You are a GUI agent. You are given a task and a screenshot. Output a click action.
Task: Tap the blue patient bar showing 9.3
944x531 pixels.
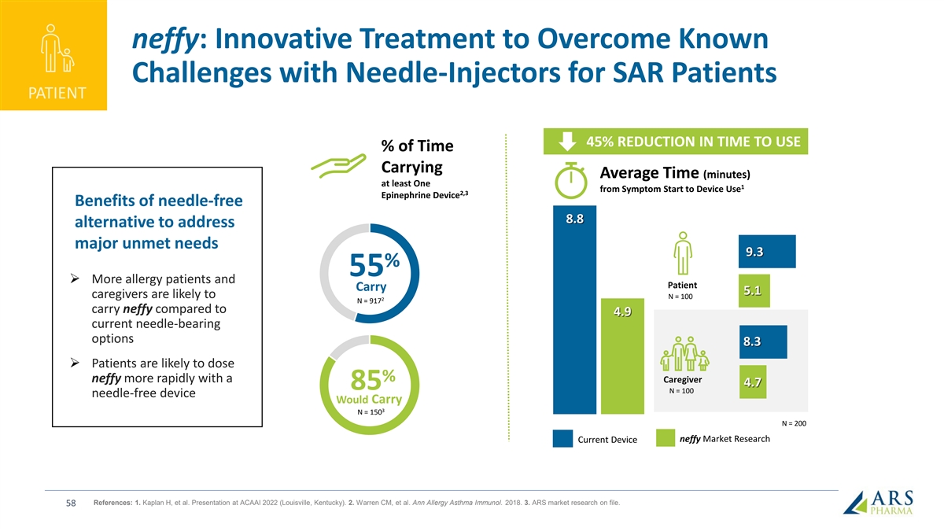(x=766, y=252)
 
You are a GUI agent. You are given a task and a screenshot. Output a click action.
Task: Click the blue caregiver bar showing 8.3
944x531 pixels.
(x=762, y=342)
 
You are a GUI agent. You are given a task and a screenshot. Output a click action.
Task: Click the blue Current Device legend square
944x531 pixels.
(x=562, y=438)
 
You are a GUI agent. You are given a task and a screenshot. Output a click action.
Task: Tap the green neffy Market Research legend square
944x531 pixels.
(x=666, y=438)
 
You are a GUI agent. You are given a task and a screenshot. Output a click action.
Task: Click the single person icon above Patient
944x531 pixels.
(x=682, y=254)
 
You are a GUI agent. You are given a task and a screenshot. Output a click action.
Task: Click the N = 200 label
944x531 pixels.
(x=794, y=424)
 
